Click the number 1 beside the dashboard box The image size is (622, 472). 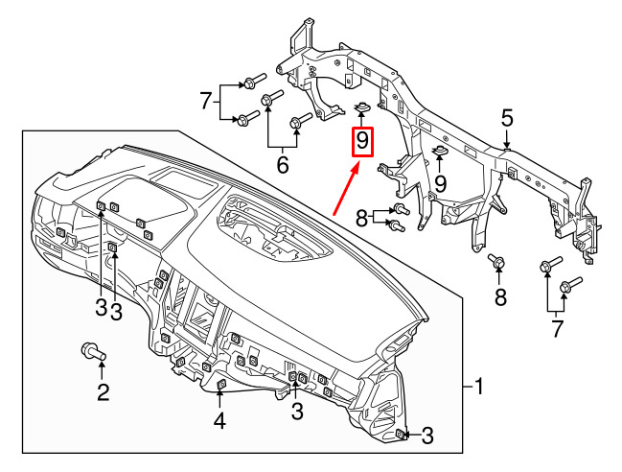pos(479,387)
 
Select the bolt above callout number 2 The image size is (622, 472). pos(94,351)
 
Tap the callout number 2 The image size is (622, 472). pos(104,392)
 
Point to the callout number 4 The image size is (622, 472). pos(219,421)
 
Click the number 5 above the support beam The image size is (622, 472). pos(507,119)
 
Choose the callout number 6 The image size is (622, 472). pos(283,165)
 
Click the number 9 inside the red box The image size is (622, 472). pos(362,141)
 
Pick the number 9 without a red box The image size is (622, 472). pos(440,184)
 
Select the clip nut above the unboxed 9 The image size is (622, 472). pos(439,151)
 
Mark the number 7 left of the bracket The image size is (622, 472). pos(205,101)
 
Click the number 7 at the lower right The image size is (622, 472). pos(558,329)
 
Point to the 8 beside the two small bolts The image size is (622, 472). pos(361,218)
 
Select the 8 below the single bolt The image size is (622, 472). pos(500,296)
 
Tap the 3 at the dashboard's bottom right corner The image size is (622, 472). pos(427,436)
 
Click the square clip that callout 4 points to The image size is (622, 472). pos(220,384)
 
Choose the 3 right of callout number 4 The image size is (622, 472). pos(297,411)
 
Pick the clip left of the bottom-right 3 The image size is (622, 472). pos(401,435)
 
